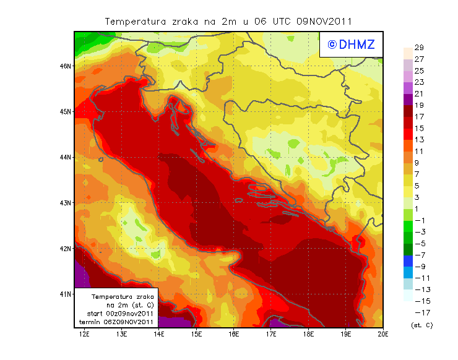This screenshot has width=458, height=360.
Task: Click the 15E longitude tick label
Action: tap(197, 334)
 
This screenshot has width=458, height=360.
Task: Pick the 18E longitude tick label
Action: tap(309, 334)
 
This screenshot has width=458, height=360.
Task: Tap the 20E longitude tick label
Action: tap(383, 334)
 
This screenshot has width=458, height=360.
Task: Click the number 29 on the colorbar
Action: tap(418, 48)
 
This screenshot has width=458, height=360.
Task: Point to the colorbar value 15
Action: tap(418, 128)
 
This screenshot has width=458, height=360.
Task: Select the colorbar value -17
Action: tap(418, 312)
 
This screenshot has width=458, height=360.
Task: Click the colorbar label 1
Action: tap(418, 208)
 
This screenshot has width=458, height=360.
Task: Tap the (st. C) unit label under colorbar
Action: tap(421, 325)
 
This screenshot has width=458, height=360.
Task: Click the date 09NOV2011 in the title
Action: tap(324, 21)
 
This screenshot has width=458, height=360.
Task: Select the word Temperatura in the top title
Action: tap(136, 21)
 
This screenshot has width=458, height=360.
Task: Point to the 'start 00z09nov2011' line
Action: tap(120, 314)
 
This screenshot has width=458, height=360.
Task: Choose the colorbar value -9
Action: tap(418, 266)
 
